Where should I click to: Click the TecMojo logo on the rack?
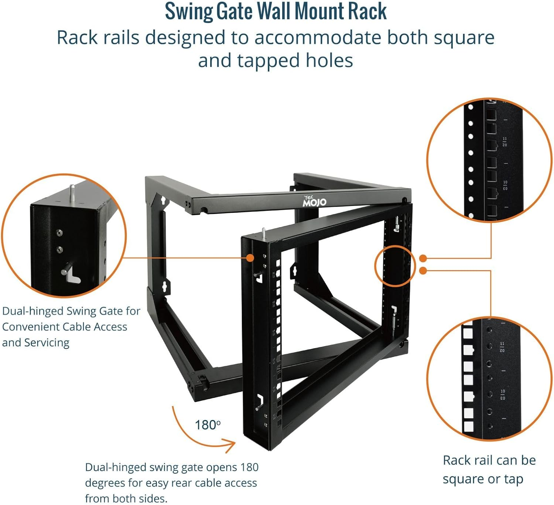click(314, 201)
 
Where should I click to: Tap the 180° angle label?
click(208, 425)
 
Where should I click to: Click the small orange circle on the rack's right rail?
click(395, 266)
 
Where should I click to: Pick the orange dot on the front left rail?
click(250, 257)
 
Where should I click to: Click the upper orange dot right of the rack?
click(423, 258)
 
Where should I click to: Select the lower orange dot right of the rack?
click(423, 271)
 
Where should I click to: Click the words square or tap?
click(483, 479)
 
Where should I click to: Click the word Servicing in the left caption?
click(47, 343)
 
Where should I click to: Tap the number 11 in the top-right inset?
click(505, 139)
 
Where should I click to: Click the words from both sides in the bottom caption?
click(126, 498)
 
